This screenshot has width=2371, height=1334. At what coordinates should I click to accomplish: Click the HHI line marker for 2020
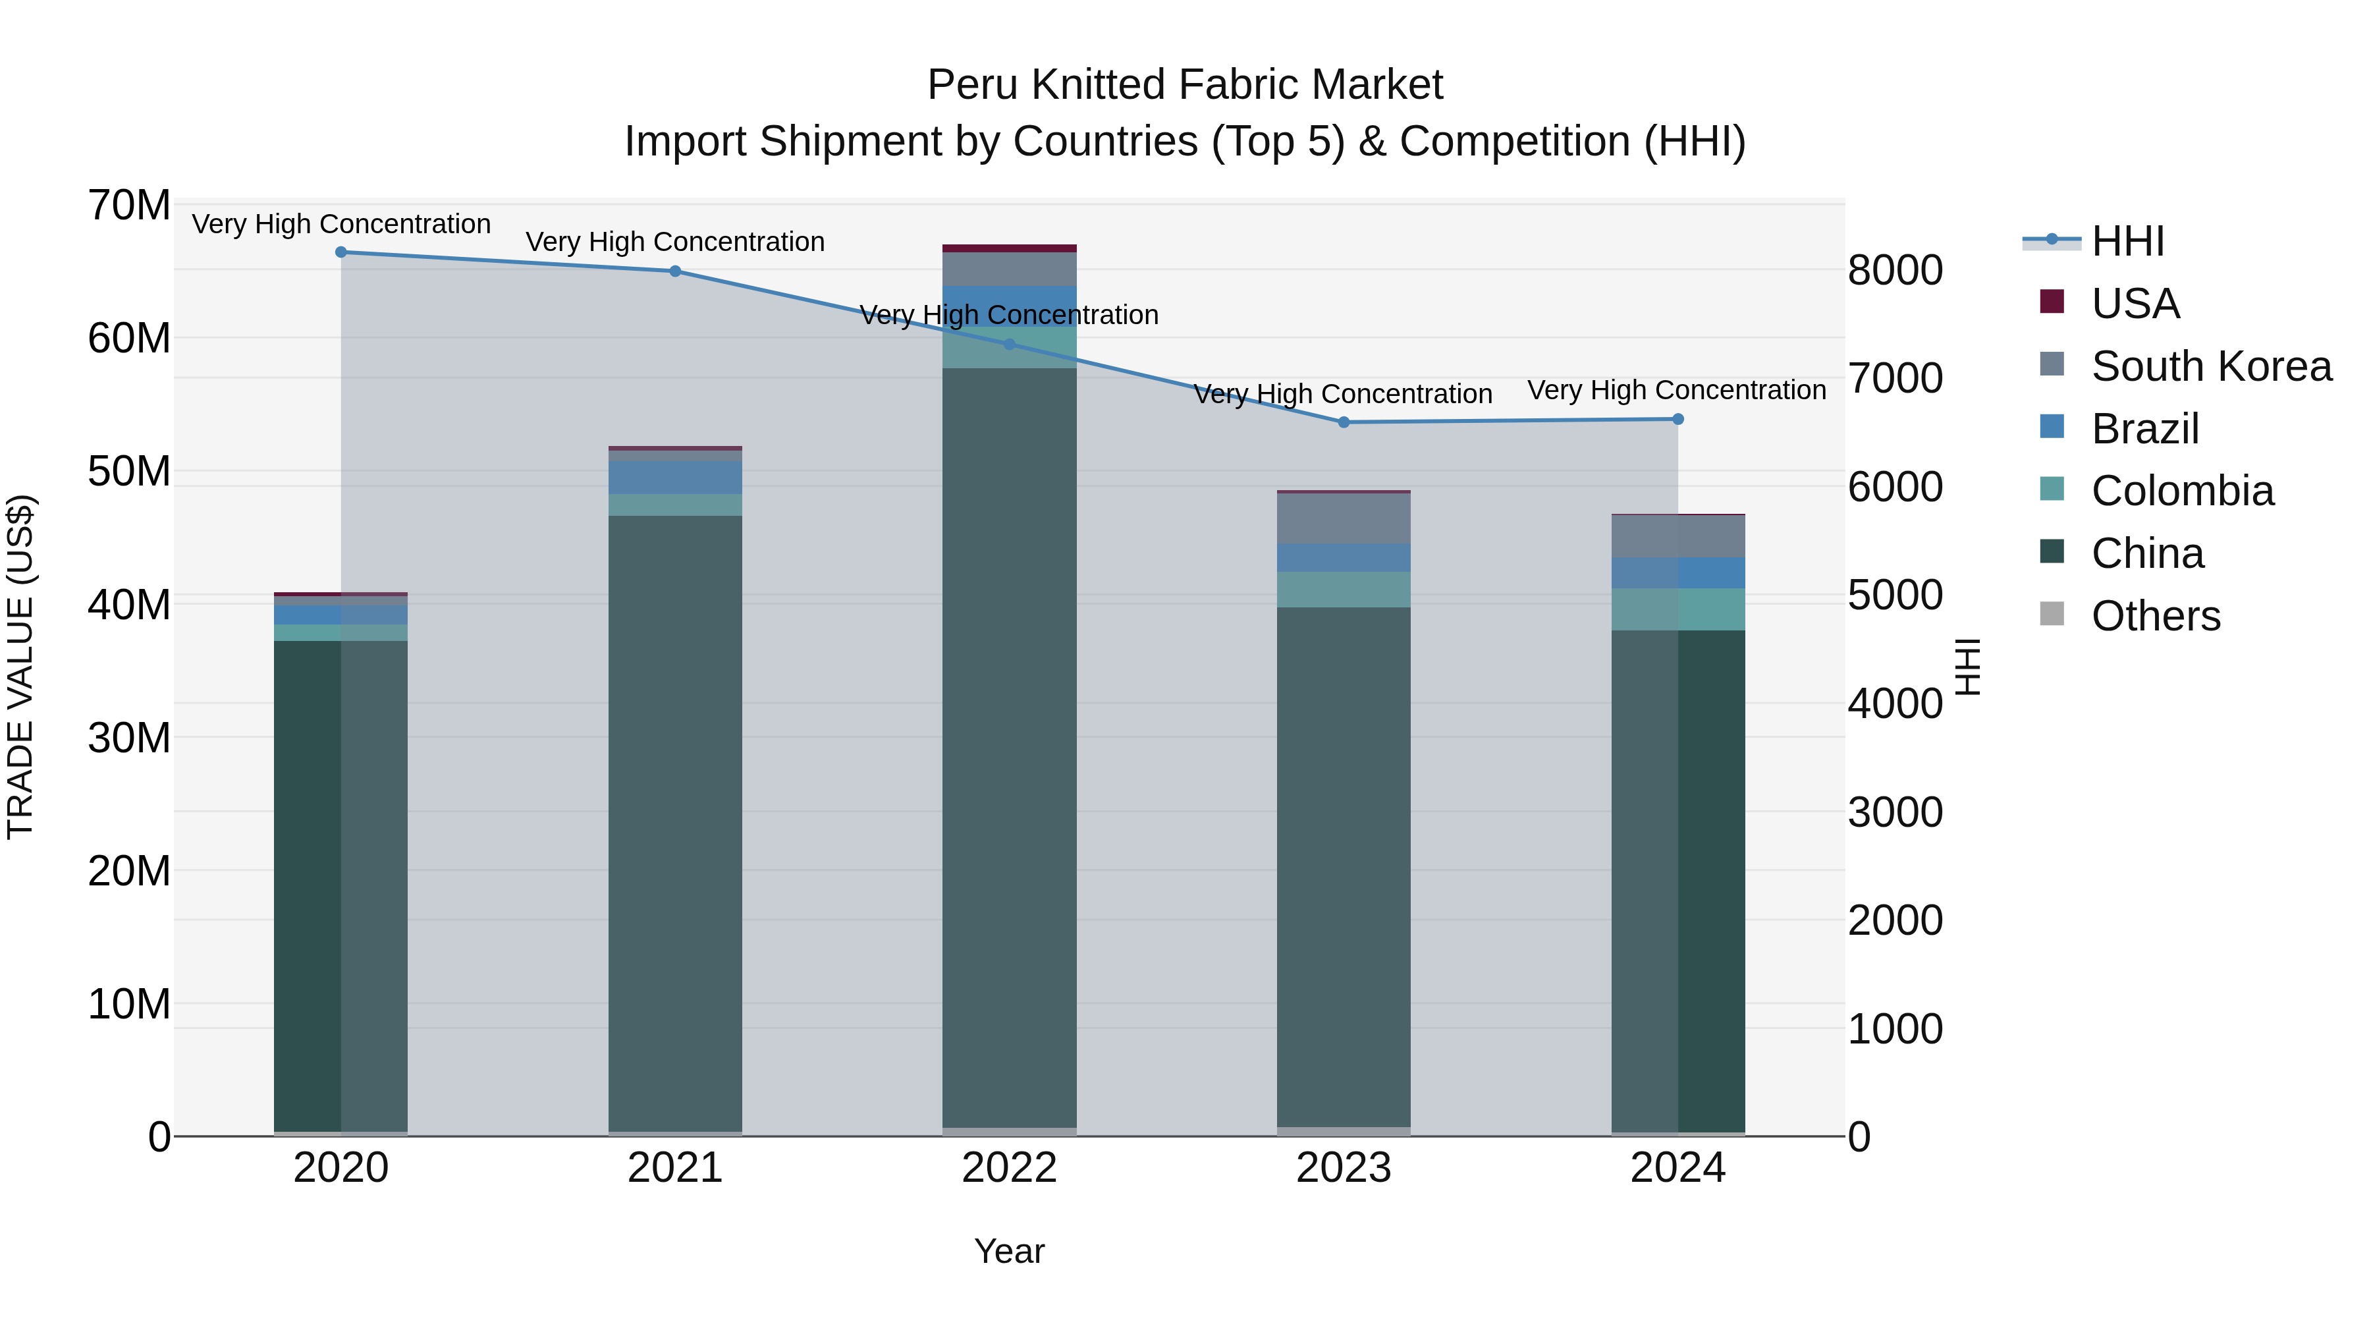point(341,252)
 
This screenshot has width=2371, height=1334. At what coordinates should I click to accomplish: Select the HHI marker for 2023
point(1343,422)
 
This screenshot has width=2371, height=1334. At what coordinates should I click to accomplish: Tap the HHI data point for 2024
point(1677,420)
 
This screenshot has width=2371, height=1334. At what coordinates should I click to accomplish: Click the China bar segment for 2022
point(1009,746)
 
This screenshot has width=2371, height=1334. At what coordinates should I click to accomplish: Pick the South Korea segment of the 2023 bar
point(1343,519)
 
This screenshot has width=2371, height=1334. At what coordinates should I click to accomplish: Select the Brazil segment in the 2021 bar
point(674,478)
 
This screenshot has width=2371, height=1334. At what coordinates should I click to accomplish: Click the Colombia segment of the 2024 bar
point(1677,609)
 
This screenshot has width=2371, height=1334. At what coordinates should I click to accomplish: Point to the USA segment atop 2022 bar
point(1009,248)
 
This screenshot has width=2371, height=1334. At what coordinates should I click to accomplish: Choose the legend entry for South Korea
point(2211,366)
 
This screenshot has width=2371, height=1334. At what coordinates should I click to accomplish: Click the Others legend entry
point(2155,616)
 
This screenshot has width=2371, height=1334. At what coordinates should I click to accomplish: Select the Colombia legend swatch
point(2052,489)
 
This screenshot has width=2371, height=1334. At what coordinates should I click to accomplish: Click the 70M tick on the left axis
point(129,206)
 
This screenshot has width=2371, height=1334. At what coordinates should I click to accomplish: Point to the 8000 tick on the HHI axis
point(1894,271)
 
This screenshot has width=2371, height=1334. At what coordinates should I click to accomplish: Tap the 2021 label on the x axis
point(674,1168)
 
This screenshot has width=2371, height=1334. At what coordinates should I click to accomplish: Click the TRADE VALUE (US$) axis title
point(20,667)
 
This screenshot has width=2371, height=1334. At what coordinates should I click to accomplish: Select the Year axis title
point(1009,1251)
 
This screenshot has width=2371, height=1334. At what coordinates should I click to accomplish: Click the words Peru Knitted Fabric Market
point(1185,85)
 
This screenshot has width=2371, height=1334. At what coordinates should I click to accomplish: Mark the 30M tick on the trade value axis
point(129,737)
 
